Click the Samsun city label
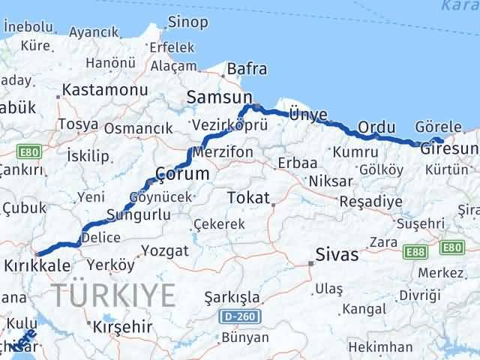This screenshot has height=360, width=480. click(218, 96)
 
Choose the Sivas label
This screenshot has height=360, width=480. click(337, 255)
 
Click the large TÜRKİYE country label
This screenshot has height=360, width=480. click(112, 295)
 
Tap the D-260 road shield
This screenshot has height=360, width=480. click(240, 317)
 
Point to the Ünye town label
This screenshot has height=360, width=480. click(308, 114)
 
